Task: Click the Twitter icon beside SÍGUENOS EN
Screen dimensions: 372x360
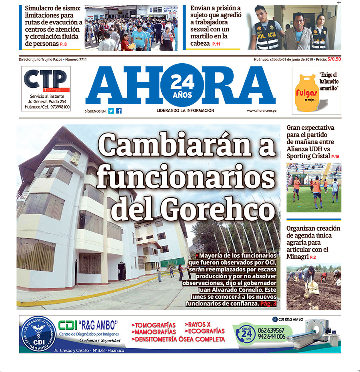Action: point(111,111)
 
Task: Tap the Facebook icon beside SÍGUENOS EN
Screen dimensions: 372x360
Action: point(119,111)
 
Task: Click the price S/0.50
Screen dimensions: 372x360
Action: point(334,59)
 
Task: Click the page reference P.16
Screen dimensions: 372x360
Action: point(335,157)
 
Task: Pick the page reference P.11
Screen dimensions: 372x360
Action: point(216,44)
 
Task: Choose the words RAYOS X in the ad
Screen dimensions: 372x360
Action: point(198,324)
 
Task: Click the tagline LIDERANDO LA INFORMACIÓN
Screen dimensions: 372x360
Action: point(185,111)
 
